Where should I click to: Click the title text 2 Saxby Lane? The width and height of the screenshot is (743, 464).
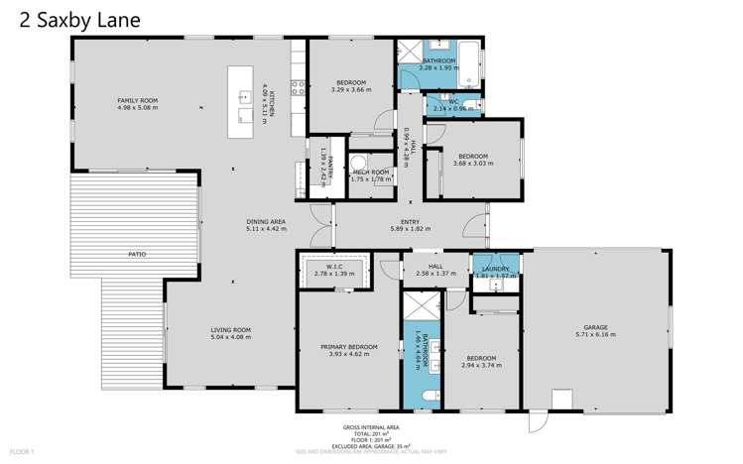pyautogui.click(x=72, y=19)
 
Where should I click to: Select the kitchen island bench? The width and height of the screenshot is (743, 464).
pyautogui.click(x=240, y=103)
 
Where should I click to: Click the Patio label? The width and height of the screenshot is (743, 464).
pyautogui.click(x=137, y=255)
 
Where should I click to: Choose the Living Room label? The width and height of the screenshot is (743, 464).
pyautogui.click(x=230, y=329)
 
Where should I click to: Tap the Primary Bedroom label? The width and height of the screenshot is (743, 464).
pyautogui.click(x=348, y=346)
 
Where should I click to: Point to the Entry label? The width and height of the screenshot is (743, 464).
pyautogui.click(x=410, y=221)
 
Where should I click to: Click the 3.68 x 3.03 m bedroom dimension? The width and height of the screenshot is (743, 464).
pyautogui.click(x=472, y=163)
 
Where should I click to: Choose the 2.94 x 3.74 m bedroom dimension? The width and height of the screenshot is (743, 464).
pyautogui.click(x=481, y=365)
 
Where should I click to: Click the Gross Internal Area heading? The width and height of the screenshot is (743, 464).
pyautogui.click(x=370, y=425)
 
